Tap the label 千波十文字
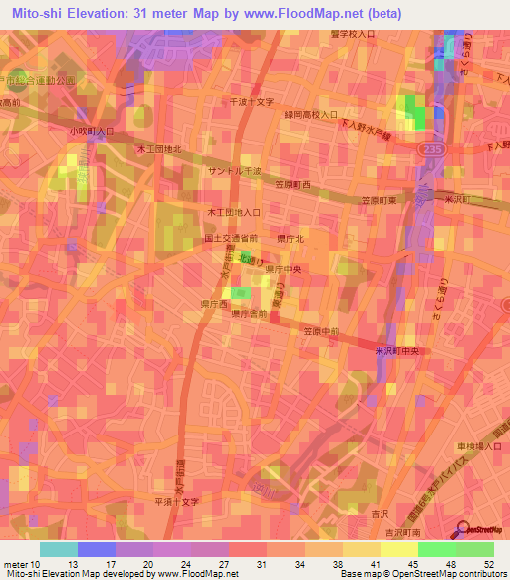pos(251,102)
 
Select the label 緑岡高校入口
pos(311,115)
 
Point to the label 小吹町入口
pos(93,131)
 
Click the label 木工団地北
pos(159,149)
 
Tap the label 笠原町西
pos(293,185)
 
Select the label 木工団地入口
pos(234,212)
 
